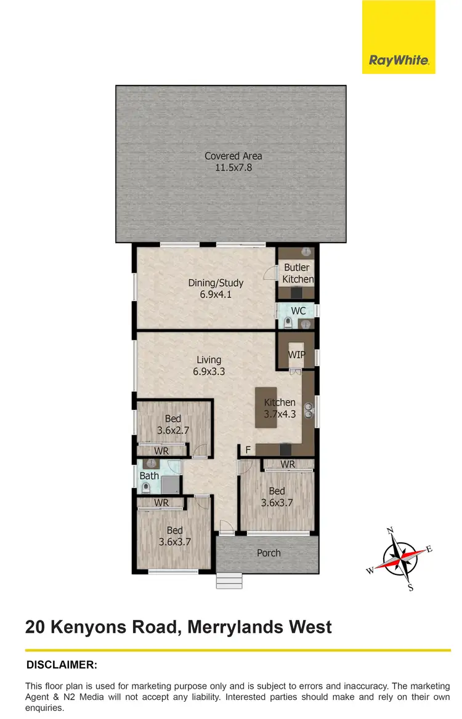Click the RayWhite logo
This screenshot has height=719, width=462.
(399, 60)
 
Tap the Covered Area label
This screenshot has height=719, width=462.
(233, 156)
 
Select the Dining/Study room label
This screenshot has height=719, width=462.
(216, 283)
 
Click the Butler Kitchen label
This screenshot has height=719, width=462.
(298, 273)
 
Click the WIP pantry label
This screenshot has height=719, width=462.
(297, 355)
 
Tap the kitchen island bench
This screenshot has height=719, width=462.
(266, 408)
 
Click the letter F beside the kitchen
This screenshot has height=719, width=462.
(247, 449)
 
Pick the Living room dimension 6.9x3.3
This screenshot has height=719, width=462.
(209, 371)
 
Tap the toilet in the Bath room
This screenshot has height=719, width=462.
(146, 488)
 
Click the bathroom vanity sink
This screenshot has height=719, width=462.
(148, 464)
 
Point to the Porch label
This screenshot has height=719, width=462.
(269, 553)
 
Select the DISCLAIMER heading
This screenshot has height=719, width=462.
(62, 665)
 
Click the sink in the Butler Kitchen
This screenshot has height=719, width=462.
(306, 252)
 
